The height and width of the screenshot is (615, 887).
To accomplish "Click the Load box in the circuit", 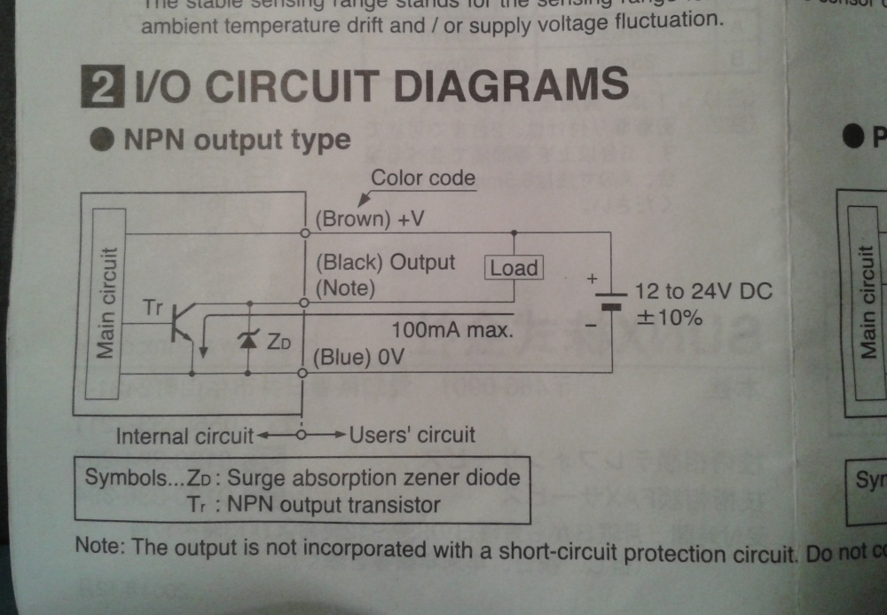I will [x=514, y=267].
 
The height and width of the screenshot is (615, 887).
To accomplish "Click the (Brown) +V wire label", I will [x=371, y=218].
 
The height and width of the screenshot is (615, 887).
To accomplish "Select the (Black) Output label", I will [x=386, y=262].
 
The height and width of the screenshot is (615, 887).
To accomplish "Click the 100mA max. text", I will [x=453, y=330].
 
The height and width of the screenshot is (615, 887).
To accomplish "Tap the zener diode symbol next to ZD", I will [x=249, y=338].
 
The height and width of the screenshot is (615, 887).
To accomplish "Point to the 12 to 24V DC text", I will [x=703, y=291].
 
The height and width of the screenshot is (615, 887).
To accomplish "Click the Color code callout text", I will [x=423, y=177].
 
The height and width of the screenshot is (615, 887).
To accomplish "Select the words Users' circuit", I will [x=413, y=435].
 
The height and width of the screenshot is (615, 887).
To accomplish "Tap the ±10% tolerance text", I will [x=667, y=317].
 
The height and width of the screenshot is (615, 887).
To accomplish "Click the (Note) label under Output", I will [x=346, y=288].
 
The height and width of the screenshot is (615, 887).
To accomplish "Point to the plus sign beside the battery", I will [x=592, y=278].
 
